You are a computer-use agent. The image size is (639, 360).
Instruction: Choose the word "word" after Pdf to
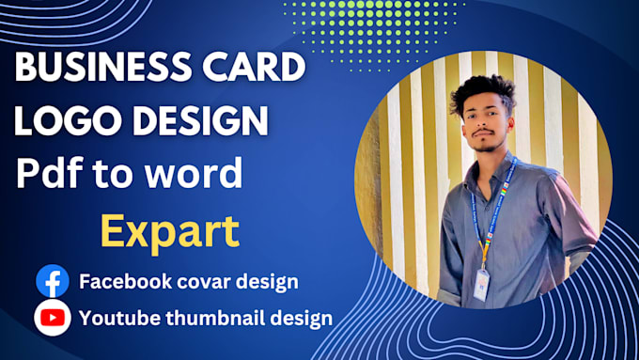pyautogui.click(x=201, y=174)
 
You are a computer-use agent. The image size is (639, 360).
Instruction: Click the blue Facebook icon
pyautogui.click(x=53, y=280)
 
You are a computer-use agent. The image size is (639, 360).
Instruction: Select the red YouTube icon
pyautogui.click(x=53, y=317)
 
